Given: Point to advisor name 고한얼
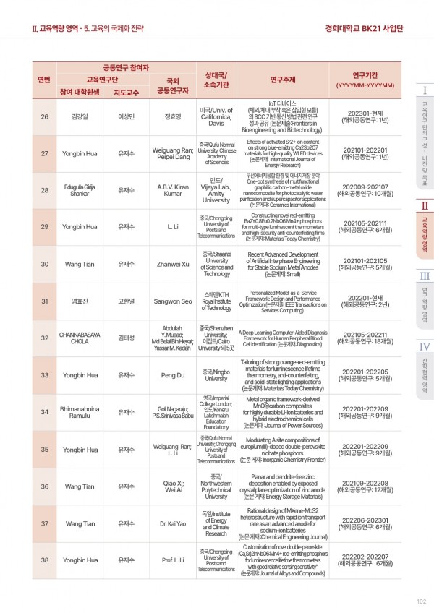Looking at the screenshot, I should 127,301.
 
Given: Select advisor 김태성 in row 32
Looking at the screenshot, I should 127,338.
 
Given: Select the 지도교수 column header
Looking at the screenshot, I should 127,92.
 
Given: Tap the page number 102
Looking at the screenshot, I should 422,600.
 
